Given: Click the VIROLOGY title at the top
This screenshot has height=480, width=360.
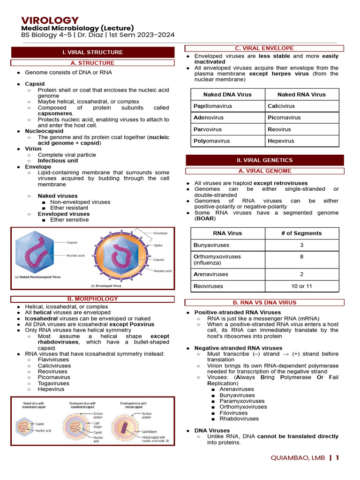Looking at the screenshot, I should click(x=50, y=20).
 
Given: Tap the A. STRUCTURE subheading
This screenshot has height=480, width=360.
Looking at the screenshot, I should click(x=92, y=63).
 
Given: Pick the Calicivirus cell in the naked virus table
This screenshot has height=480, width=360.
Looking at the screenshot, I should click(x=281, y=106).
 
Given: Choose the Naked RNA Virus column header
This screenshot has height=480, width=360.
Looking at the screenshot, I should click(x=301, y=94).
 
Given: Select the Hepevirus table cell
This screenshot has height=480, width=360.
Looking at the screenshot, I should click(x=281, y=141).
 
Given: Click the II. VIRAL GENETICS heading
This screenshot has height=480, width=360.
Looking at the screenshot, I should click(x=264, y=160).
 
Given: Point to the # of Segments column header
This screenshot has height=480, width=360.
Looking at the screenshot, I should click(x=301, y=233).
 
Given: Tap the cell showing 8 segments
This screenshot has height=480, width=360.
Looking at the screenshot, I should click(x=301, y=256).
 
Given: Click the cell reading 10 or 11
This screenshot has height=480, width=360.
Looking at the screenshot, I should click(x=301, y=286).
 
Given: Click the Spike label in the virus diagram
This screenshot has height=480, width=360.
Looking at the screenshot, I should click(x=159, y=245).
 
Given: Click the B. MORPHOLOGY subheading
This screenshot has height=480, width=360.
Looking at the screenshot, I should click(x=92, y=299).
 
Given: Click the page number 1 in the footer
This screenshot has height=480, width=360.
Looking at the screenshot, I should click(x=337, y=457).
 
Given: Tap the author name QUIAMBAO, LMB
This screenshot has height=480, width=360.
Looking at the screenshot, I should click(x=298, y=457).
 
